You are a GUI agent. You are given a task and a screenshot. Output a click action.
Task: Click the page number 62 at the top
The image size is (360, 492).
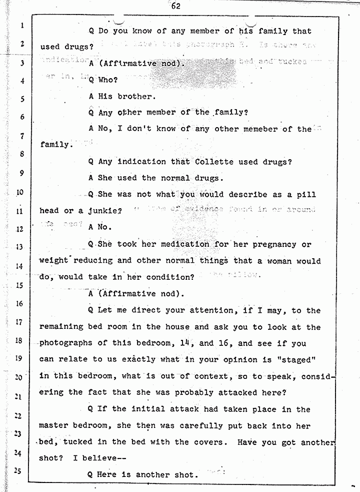(175, 7)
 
